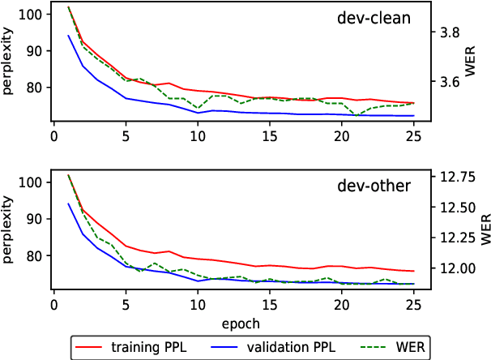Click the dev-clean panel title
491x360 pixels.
click(x=374, y=19)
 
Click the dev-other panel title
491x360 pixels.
click(x=374, y=186)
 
